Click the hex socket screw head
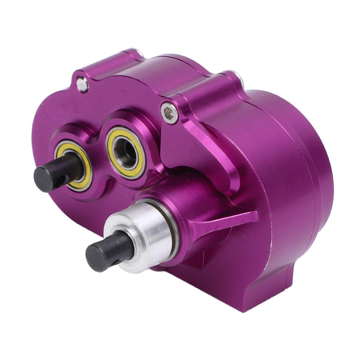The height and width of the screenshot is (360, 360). (x=169, y=113)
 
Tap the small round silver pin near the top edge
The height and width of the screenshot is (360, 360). (x=82, y=84)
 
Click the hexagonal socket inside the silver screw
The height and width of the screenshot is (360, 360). (x=170, y=113)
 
